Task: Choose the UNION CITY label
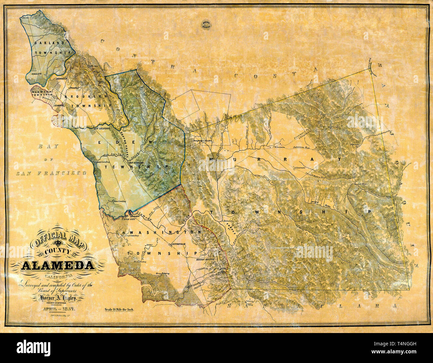[x=122, y=219]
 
